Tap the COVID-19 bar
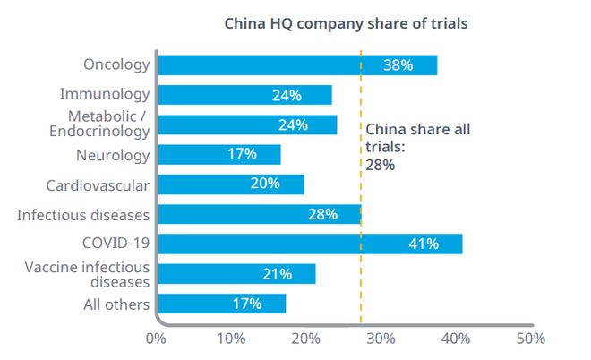(x=310, y=244)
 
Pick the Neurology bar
(x=219, y=154)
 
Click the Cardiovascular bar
(x=231, y=184)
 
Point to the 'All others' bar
(x=222, y=304)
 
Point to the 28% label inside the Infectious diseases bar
(x=321, y=214)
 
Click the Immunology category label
(x=105, y=94)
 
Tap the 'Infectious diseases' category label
(x=83, y=214)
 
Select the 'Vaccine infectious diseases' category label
(x=88, y=274)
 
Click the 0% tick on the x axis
(x=156, y=339)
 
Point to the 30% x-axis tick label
(x=381, y=339)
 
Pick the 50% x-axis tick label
(x=530, y=339)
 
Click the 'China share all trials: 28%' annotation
(x=417, y=147)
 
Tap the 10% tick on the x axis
(x=232, y=339)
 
